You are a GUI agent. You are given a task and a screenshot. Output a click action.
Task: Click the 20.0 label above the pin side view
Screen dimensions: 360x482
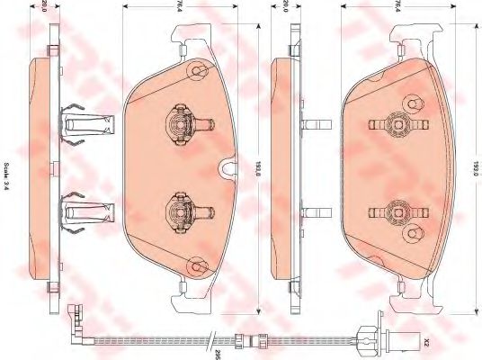click(x=287, y=10)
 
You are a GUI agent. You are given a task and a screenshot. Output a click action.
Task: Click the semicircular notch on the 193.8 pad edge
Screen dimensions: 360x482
click(x=228, y=168)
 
